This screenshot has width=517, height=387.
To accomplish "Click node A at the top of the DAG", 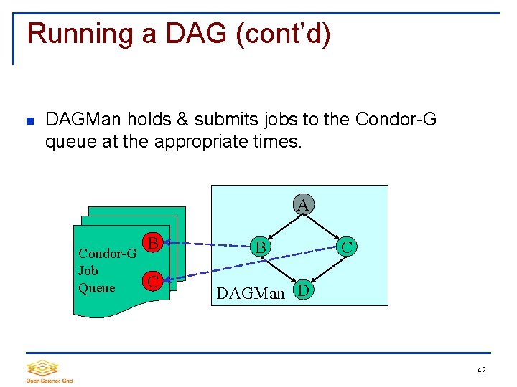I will (304, 205).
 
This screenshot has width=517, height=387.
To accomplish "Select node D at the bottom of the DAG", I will (304, 290).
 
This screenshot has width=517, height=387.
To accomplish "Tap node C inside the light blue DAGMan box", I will (347, 247).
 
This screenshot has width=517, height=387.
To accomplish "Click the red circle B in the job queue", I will (152, 243).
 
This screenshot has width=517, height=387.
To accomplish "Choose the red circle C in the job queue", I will (152, 281).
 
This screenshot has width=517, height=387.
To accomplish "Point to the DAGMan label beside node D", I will (251, 292).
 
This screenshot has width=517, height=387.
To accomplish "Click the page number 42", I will (480, 371).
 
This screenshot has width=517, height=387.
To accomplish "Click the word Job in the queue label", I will (88, 271).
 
